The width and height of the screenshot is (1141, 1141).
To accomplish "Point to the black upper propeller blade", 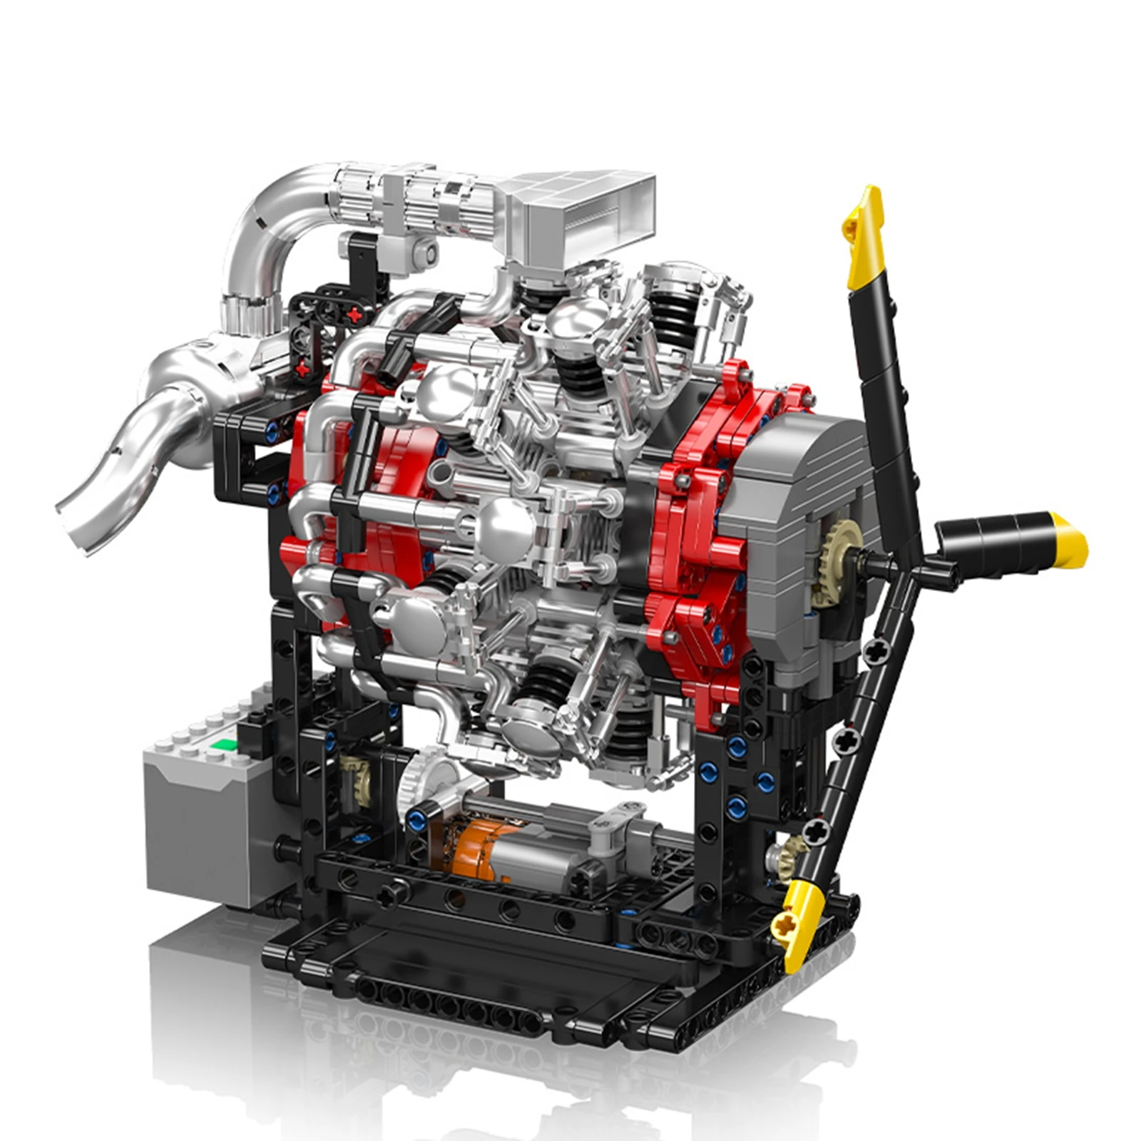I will pos(884,399).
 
